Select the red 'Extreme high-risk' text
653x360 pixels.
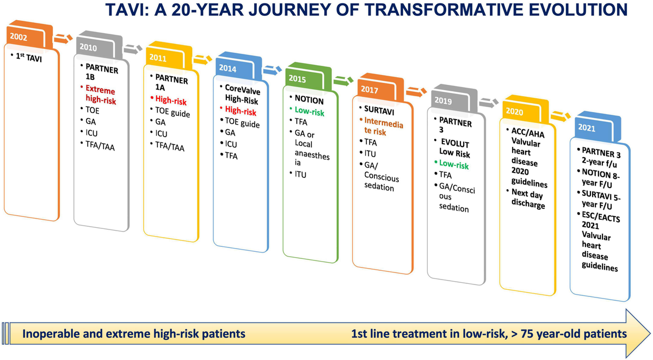pos(101,95)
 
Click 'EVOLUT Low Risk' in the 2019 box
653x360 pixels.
pos(454,148)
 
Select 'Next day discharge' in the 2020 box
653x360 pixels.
pos(528,198)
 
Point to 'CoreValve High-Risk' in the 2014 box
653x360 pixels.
pos(242,95)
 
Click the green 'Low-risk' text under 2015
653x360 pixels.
pos(309,111)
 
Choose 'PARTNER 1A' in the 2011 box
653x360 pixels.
pos(171,83)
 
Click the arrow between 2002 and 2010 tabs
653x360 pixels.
pos(63,39)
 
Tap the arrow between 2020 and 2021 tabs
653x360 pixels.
pos(560,116)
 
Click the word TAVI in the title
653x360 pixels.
pos(127,10)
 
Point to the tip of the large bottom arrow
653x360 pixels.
pos(650,333)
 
